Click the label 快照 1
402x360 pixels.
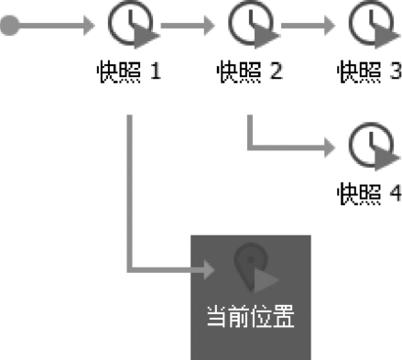(129, 71)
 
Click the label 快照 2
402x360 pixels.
(250, 71)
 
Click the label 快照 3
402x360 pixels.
(370, 71)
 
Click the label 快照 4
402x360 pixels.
(370, 193)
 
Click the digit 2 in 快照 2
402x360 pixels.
(276, 71)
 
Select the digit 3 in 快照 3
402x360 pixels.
(396, 71)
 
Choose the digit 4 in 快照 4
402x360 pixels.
(396, 193)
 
